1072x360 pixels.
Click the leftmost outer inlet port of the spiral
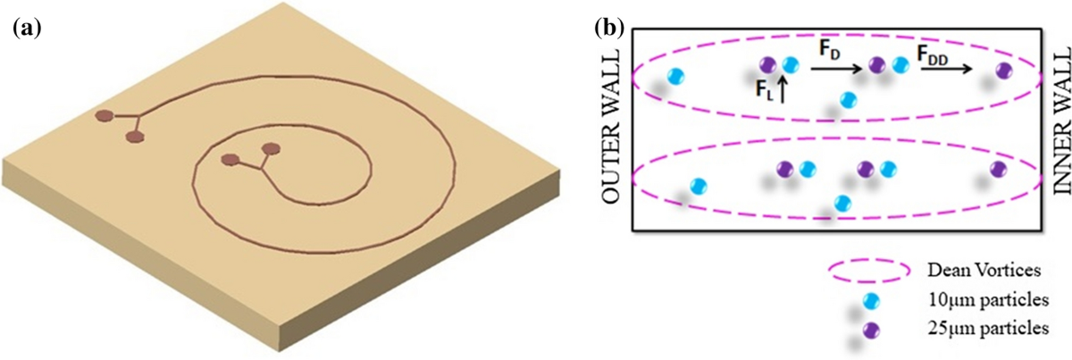(105, 115)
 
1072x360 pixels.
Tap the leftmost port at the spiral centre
(230, 160)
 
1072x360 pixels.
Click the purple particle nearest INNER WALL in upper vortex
(1003, 70)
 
